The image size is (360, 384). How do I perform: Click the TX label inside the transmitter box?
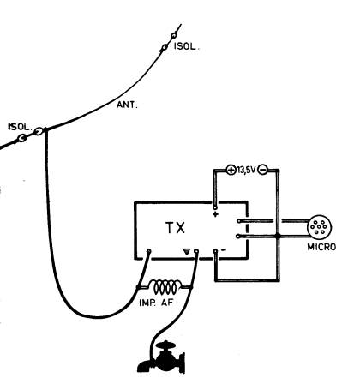(x=176, y=228)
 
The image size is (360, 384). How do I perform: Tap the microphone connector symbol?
(x=320, y=227)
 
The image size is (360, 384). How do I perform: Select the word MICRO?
(x=321, y=247)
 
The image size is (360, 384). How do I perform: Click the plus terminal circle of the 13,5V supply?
(x=231, y=170)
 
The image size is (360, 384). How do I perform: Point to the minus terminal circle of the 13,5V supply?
(x=262, y=170)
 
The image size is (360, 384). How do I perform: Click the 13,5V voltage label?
(x=247, y=171)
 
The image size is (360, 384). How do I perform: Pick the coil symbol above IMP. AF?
(x=165, y=287)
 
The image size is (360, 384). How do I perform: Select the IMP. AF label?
(x=156, y=303)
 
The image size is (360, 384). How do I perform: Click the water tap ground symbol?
(x=161, y=357)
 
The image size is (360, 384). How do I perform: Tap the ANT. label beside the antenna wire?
(x=127, y=105)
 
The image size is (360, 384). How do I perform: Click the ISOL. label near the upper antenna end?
(x=186, y=46)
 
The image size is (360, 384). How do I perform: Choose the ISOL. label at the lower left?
(x=19, y=127)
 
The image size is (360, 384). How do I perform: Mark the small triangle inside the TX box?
(x=187, y=252)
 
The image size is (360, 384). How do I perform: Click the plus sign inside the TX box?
(x=215, y=214)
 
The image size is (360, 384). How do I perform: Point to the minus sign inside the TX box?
(x=224, y=250)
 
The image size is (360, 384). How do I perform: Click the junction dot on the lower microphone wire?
(x=277, y=237)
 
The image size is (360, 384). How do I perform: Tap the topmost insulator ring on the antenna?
(x=174, y=36)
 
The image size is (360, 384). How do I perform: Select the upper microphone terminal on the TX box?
(x=238, y=221)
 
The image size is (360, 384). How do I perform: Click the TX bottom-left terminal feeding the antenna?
(x=148, y=251)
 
